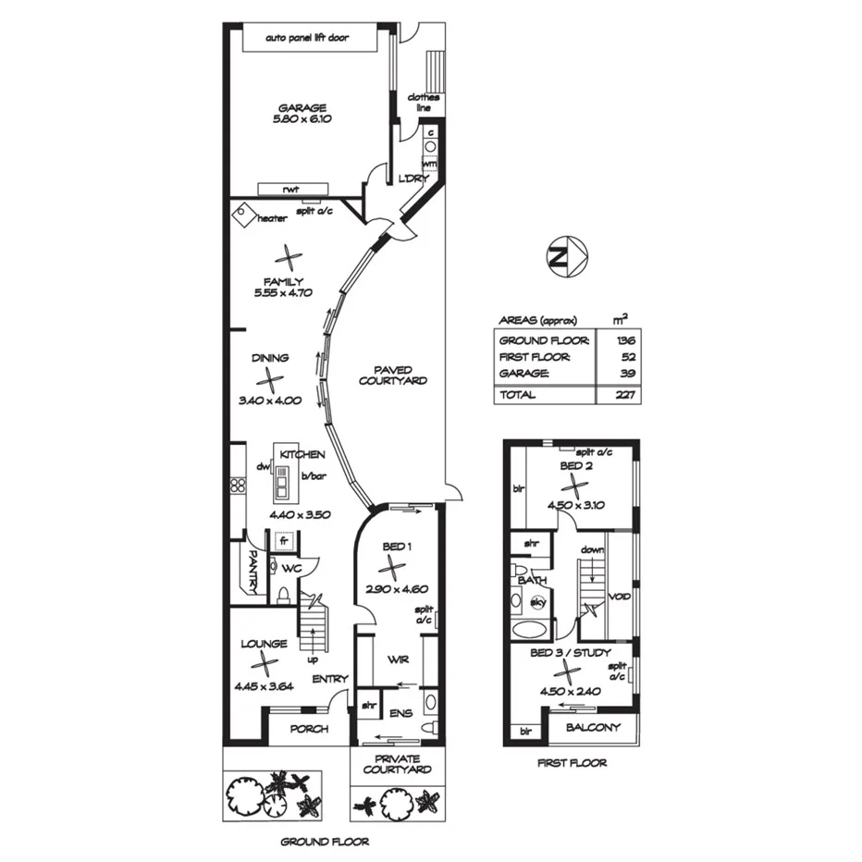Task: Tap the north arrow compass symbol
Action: click(563, 257)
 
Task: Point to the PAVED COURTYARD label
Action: click(393, 375)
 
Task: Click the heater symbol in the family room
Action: click(242, 215)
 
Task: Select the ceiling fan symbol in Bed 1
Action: click(394, 566)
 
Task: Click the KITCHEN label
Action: click(303, 455)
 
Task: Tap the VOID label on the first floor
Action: click(620, 597)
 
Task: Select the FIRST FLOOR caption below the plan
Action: click(572, 763)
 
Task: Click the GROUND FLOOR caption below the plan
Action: click(325, 842)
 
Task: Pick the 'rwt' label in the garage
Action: click(290, 189)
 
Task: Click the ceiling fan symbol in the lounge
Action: click(265, 663)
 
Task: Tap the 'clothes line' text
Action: click(425, 102)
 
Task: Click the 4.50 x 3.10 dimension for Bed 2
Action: click(575, 505)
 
